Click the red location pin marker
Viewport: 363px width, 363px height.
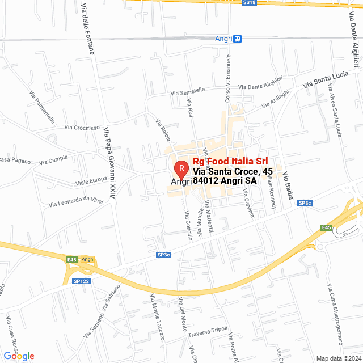coord(180,168)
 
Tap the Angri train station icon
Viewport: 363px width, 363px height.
coord(238,39)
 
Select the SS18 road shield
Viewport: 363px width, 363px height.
coord(250,3)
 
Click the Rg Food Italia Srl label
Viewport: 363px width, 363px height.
coord(230,162)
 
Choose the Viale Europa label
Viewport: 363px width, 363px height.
coord(91,181)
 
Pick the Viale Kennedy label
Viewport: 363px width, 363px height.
coord(271,192)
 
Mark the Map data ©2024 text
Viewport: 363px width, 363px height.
coord(338,358)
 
